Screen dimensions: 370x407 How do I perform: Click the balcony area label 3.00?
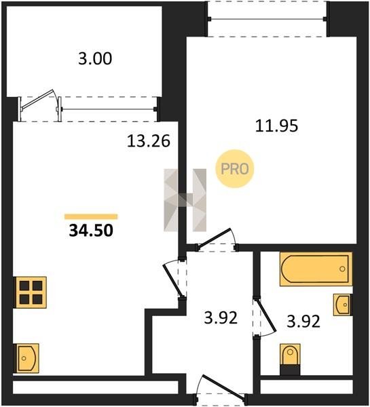click(95, 58)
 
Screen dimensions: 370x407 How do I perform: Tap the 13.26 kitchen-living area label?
click(149, 142)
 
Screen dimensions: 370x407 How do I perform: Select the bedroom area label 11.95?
click(276, 126)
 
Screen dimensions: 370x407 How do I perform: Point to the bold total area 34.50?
click(91, 231)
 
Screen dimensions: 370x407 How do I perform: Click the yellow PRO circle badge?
click(235, 169)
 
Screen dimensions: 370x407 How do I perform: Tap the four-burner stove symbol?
click(30, 292)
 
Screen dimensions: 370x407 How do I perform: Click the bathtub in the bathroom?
click(316, 269)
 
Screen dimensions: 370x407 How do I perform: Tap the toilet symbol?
click(291, 359)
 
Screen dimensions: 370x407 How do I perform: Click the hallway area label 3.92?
click(221, 317)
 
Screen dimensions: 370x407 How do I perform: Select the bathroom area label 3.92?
click(303, 322)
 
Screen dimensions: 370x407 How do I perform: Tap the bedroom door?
click(217, 240)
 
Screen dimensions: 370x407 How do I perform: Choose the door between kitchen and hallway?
click(174, 279)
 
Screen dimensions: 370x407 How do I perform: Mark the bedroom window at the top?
click(267, 19)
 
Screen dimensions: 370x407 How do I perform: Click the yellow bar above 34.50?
click(91, 217)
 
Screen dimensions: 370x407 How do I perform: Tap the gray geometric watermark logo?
click(185, 200)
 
